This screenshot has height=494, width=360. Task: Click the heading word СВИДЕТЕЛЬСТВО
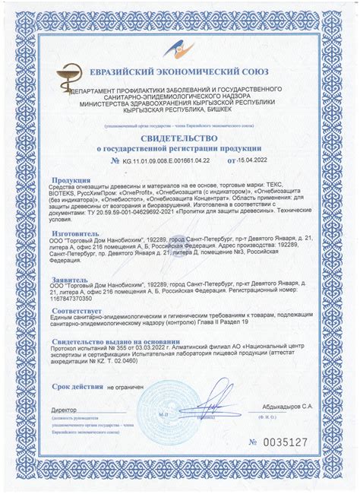[x=180, y=138]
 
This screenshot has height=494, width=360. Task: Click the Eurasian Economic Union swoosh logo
[x=180, y=51]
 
